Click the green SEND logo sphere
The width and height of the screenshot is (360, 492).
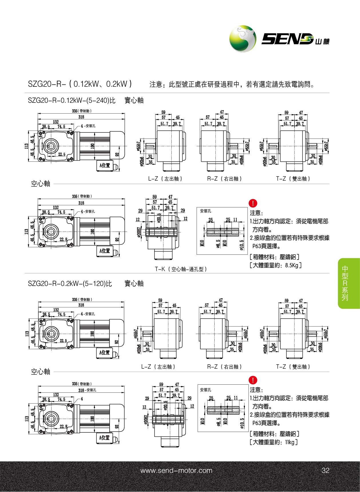pos(243,39)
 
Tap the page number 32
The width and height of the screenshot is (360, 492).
pos(325,471)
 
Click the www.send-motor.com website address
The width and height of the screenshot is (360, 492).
pos(176,471)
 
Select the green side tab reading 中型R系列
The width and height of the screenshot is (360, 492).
pos(345,283)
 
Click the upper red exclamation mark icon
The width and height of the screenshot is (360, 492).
pos(253,203)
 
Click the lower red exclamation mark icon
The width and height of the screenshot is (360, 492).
pos(253,380)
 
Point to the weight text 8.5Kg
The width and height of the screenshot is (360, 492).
pos(292,265)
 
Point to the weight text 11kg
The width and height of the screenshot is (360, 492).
pos(290,442)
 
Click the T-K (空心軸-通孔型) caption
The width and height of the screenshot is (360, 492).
pos(181,269)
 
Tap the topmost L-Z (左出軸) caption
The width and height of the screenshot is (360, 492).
pos(165,179)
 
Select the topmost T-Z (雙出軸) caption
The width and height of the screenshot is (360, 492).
pos(293,179)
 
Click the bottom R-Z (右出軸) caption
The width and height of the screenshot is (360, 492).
pos(225,367)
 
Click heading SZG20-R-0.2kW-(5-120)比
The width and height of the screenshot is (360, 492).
pos(70,284)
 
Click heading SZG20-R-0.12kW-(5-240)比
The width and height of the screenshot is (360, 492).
pos(72,100)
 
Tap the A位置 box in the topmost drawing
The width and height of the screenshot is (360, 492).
pos(104,165)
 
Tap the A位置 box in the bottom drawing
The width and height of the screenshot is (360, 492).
pos(104,438)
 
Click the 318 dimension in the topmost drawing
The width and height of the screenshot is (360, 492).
pos(81,117)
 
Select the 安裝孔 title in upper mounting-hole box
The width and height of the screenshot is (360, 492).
pos(205,211)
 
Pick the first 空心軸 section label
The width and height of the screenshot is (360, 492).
pos(40,184)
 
